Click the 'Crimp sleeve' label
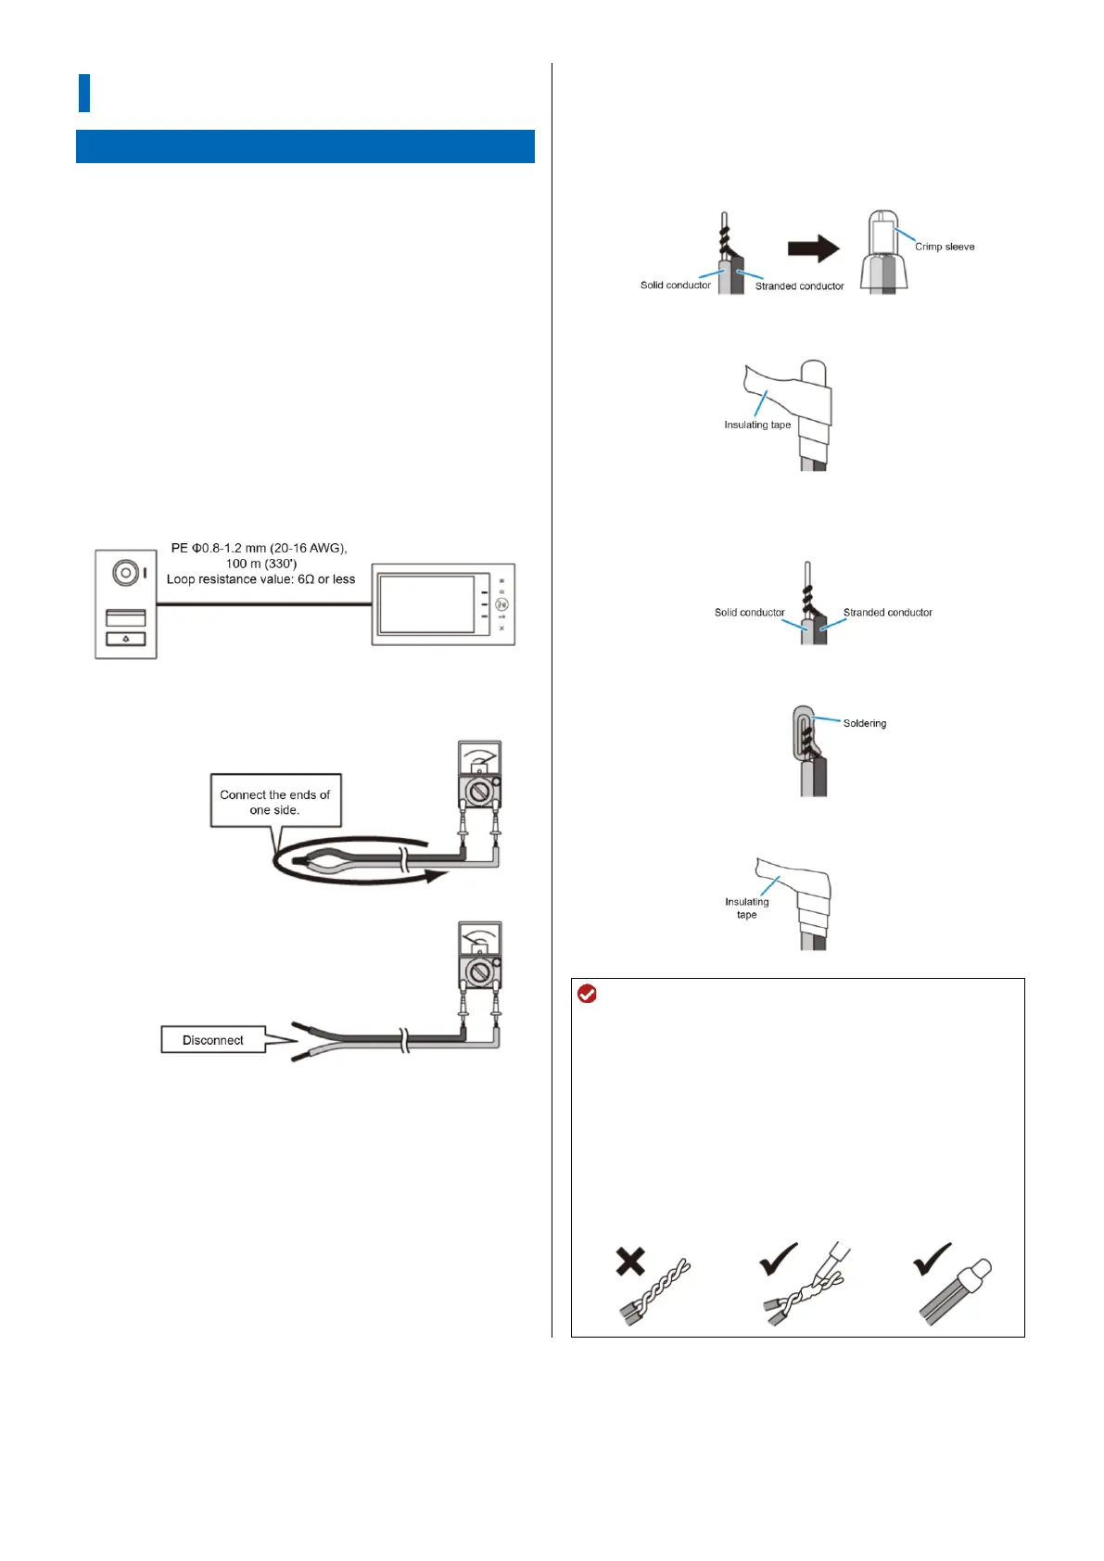point(944,247)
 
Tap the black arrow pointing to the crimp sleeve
point(813,248)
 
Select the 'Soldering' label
point(864,723)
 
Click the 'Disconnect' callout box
point(213,1040)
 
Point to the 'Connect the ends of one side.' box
point(275,802)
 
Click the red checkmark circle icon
point(587,995)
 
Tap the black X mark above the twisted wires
point(630,1262)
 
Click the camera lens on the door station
point(124,573)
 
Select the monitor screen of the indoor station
point(427,604)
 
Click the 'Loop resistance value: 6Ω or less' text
point(260,579)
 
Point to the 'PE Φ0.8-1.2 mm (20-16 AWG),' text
point(259,548)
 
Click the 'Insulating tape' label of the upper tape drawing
point(757,425)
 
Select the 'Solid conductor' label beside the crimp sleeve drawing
point(675,285)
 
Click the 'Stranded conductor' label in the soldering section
point(887,613)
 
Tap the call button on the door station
point(126,639)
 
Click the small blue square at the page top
point(84,94)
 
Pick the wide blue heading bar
point(305,146)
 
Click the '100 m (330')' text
point(261,564)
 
